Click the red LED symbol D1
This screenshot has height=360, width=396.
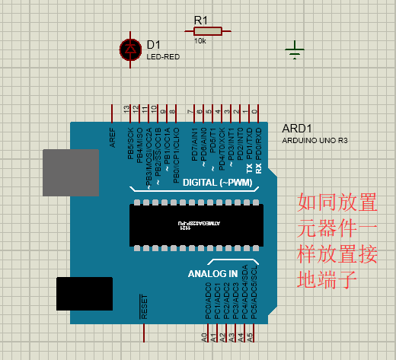point(130,49)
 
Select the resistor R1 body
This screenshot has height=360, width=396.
point(204,31)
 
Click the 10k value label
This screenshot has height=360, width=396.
point(200,41)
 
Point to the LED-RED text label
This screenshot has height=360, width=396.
point(163,56)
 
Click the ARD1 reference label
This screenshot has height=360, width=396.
point(297,129)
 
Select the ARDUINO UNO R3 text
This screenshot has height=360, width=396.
point(315,140)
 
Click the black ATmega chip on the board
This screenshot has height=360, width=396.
point(196,225)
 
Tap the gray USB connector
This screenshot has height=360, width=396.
point(71,174)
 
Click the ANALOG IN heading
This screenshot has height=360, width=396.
point(212,272)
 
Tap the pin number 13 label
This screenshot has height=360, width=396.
point(126,111)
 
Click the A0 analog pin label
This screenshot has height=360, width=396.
point(204,336)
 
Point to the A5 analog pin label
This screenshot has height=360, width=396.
point(250,336)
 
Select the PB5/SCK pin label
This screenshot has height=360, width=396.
point(130,145)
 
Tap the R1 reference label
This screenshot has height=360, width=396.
point(201,19)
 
